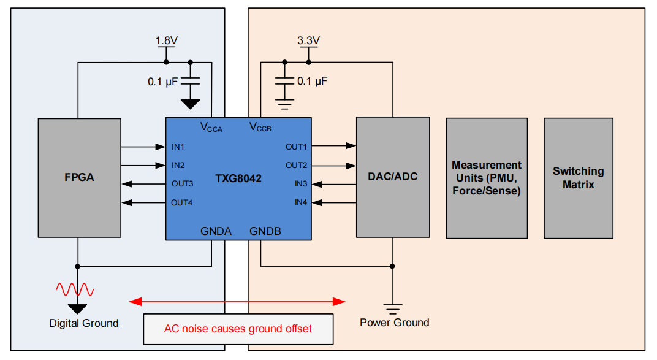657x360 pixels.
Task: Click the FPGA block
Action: click(80, 178)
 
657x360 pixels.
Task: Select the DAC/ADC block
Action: click(393, 177)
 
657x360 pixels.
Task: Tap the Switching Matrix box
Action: click(578, 178)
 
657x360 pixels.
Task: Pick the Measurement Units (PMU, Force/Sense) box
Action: click(487, 178)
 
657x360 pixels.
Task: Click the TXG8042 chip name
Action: click(238, 178)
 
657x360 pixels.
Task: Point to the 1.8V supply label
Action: click(166, 40)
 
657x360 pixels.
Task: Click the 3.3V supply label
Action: click(308, 40)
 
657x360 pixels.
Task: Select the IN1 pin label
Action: click(178, 147)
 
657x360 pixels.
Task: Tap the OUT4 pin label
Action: click(182, 203)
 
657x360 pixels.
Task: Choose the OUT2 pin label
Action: click(296, 166)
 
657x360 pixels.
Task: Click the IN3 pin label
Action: click(301, 184)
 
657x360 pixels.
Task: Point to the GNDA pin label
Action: click(216, 231)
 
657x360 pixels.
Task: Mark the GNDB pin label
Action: click(265, 231)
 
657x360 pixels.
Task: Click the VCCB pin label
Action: click(260, 127)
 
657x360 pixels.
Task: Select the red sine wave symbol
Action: click(75, 289)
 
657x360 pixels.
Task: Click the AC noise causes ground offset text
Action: click(238, 329)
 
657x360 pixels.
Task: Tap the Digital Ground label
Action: click(84, 323)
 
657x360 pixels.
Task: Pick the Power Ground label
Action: click(395, 323)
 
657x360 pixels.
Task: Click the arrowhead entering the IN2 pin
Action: click(161, 166)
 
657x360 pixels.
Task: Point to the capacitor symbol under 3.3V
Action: click(284, 81)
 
